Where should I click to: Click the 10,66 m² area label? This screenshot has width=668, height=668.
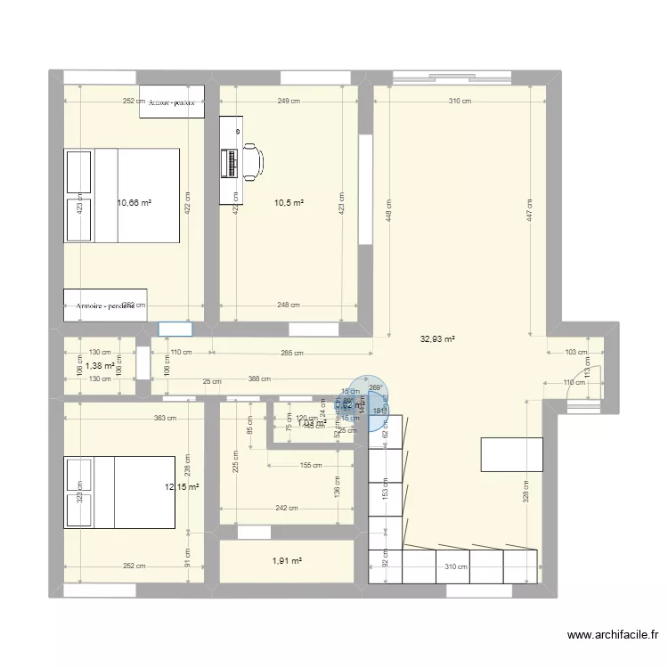tap(134, 203)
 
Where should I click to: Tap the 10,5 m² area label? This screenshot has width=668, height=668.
tap(289, 203)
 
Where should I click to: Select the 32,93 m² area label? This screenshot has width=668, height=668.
tap(438, 338)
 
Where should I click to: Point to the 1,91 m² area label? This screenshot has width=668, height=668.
tap(287, 561)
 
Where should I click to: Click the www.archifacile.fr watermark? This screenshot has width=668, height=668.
tap(613, 635)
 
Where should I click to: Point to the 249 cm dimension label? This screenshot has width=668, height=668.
tap(288, 102)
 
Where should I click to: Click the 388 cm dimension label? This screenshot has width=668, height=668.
tap(260, 380)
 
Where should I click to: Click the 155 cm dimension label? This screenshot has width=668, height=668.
tap(312, 465)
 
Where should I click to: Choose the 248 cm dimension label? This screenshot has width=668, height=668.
tap(288, 305)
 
